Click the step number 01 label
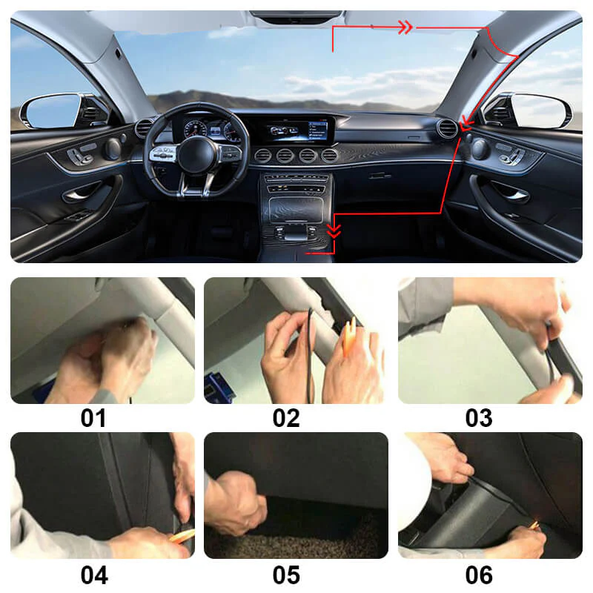point(93,418)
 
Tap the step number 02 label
point(286,418)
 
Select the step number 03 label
point(479,418)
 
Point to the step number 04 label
point(93,574)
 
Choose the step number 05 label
point(286,574)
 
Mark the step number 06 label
point(479,574)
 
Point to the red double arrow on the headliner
point(405,27)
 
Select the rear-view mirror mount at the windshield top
point(295,17)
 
